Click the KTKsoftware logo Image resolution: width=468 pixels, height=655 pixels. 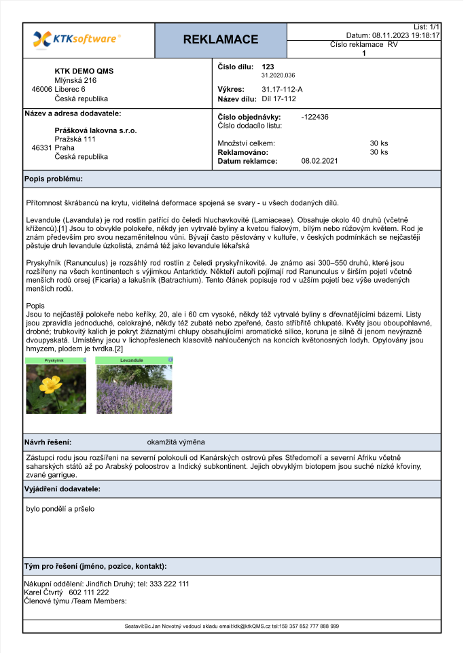(77, 39)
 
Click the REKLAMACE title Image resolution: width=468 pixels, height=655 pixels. (221, 39)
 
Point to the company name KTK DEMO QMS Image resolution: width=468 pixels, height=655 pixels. (84, 71)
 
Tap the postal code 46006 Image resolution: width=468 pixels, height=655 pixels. (42, 89)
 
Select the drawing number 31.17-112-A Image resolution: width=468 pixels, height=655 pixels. (282, 89)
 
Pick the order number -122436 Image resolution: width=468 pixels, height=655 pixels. (315, 117)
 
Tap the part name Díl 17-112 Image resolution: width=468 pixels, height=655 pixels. (278, 99)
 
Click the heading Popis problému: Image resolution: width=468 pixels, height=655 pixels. (54, 179)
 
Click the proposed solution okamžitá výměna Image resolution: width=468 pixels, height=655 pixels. (176, 442)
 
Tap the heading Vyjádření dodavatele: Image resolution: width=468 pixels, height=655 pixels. (62, 489)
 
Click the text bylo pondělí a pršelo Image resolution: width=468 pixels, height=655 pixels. (59, 508)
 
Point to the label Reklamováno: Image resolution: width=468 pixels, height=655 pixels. (242, 152)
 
